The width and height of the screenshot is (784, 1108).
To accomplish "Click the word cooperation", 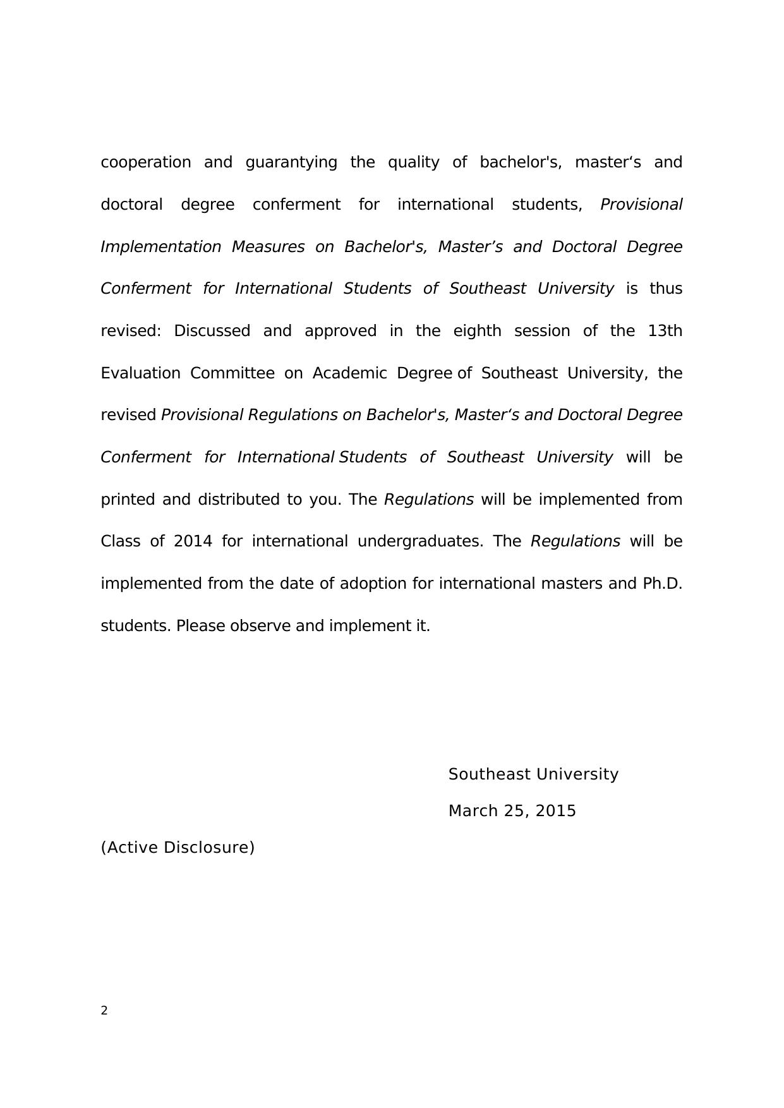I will (x=145, y=162).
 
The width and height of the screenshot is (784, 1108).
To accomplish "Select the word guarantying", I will (x=291, y=162).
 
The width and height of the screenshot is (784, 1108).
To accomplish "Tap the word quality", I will (x=413, y=162).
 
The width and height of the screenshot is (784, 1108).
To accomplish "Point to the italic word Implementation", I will (x=160, y=247).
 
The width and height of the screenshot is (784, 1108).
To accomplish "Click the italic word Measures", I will (x=268, y=247).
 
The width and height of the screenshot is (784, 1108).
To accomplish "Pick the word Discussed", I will (x=212, y=331).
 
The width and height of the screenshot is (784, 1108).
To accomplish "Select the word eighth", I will (x=477, y=331).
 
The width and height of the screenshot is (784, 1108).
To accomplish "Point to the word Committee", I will (x=232, y=373).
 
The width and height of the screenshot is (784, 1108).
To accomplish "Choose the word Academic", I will (x=349, y=373).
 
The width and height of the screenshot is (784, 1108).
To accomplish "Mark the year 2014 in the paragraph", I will (x=193, y=542).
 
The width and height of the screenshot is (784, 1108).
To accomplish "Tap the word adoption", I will (x=373, y=584).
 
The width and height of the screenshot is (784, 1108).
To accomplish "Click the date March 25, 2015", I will (x=512, y=811).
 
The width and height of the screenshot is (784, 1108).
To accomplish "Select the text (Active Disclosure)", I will (x=178, y=848).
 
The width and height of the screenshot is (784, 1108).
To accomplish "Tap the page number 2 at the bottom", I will (x=104, y=1011).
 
